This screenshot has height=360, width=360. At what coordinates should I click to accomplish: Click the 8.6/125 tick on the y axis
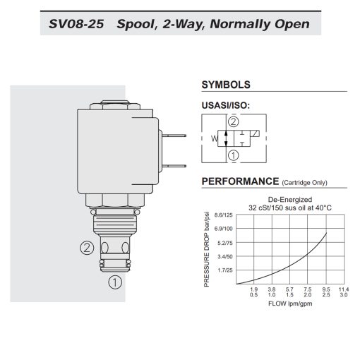point(223,215)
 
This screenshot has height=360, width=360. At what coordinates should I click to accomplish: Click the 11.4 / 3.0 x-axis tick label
point(343,292)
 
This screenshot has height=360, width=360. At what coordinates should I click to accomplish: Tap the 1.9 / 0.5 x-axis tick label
point(253,292)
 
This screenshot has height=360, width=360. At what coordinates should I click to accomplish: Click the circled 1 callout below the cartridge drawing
point(114,284)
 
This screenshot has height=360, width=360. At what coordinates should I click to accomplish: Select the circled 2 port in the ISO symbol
point(234,121)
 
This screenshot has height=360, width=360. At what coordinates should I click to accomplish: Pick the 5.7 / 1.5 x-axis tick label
point(289,292)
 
